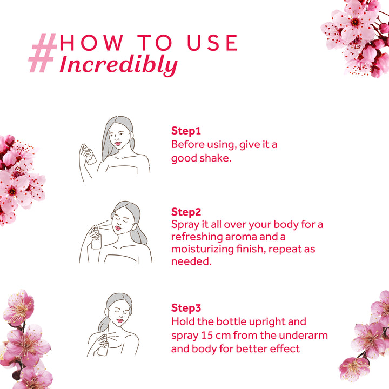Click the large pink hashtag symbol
(x=43, y=54)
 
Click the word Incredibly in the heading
(x=118, y=64)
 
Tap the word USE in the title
(x=213, y=43)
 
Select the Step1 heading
(x=186, y=131)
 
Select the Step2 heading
(x=186, y=211)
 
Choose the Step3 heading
(x=186, y=308)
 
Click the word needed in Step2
(x=190, y=261)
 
